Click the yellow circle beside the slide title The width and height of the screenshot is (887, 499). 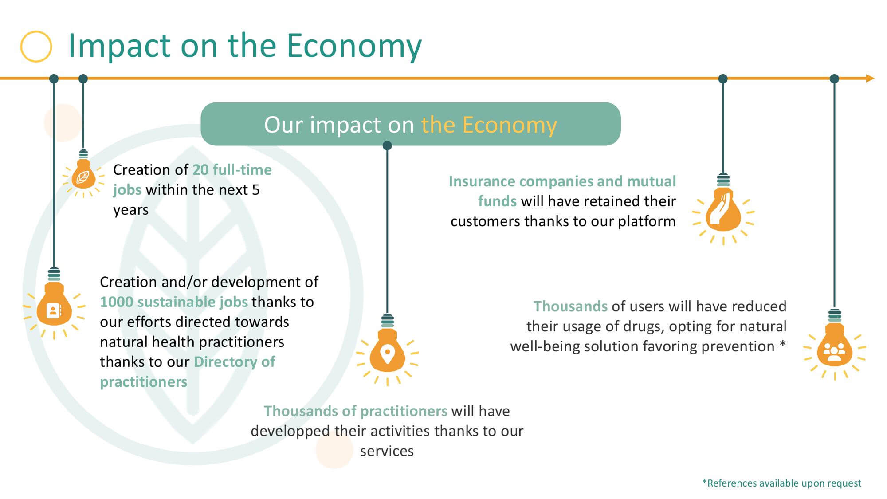(x=36, y=46)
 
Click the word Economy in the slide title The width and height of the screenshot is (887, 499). (x=354, y=46)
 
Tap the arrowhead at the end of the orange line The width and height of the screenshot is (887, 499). (x=870, y=79)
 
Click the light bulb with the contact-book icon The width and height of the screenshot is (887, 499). (x=54, y=303)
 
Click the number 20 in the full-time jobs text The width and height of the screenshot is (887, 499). (x=200, y=170)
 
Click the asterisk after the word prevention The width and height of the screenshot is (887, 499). (x=782, y=344)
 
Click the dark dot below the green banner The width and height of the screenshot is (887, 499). (x=387, y=145)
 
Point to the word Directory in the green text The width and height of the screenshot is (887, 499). (x=225, y=362)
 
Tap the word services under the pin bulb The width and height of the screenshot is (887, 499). (x=387, y=452)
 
